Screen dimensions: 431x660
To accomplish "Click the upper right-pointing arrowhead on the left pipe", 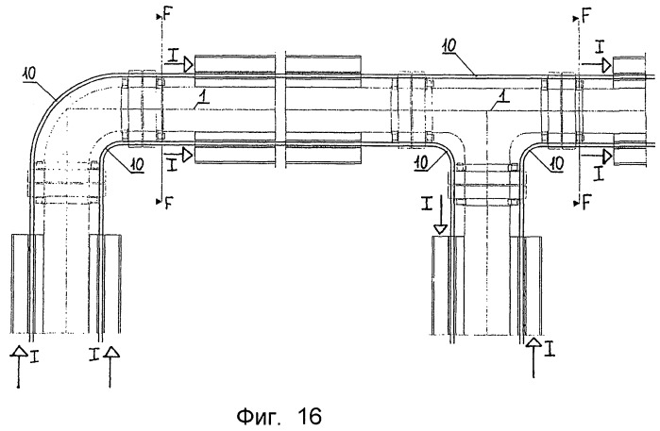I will (x=189, y=64).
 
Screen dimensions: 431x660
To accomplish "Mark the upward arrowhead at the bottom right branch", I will (x=535, y=342).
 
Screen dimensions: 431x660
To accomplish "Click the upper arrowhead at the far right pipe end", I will (x=607, y=64).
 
